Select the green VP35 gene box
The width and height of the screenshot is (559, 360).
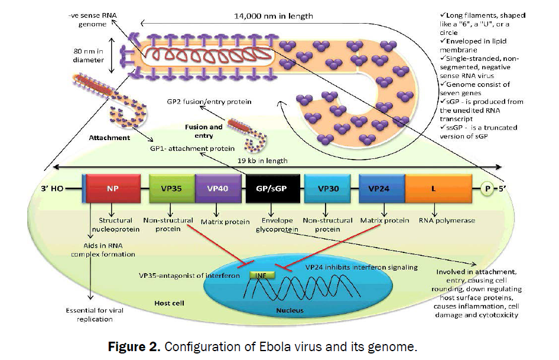pos(171,189)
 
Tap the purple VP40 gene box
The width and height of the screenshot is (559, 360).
pos(217,189)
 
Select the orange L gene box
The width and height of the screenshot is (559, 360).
pos(433,189)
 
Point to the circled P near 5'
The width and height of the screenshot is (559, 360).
pos(487,189)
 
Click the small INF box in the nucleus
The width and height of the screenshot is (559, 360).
pos(261,275)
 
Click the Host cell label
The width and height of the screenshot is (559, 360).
pos(170,303)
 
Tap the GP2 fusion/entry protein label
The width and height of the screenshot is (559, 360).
pos(210,102)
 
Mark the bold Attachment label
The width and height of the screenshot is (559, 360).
pos(109,138)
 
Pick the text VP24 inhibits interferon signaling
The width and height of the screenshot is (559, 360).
pos(361,267)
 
